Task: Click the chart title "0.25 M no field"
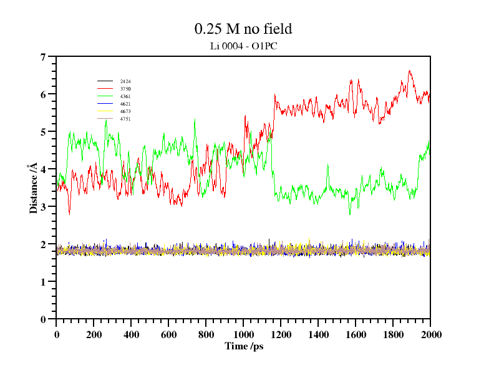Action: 243,29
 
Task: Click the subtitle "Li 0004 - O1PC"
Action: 243,46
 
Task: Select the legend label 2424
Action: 125,81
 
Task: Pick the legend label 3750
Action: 125,89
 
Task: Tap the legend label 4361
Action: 125,96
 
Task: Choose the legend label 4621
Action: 125,104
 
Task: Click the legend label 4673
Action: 125,111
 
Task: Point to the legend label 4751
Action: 125,119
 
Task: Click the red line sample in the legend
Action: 105,89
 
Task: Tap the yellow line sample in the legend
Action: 105,111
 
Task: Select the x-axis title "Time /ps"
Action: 244,346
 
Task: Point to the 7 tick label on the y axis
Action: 43,57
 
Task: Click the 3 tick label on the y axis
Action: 43,207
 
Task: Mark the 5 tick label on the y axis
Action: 43,132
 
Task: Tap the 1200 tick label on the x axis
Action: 281,334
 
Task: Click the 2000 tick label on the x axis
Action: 430,334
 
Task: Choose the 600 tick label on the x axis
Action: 168,334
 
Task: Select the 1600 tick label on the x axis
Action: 356,334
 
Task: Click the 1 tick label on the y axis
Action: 43,282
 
